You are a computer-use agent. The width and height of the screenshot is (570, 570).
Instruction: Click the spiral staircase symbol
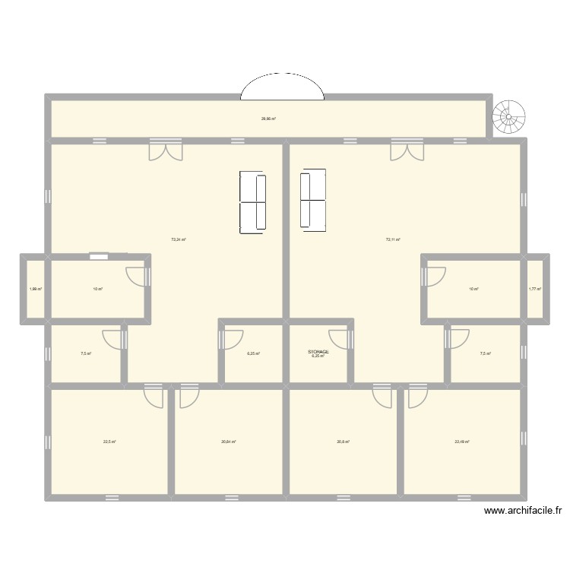507,118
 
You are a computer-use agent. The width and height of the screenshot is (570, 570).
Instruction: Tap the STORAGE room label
318,351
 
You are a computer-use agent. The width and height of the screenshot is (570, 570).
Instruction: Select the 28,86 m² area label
268,119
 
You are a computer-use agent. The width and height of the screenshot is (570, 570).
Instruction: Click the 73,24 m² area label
179,239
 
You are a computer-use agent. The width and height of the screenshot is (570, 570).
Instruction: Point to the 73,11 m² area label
393,239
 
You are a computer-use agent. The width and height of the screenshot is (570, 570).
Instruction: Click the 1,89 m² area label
35,289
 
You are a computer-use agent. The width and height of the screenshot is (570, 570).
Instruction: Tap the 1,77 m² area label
534,289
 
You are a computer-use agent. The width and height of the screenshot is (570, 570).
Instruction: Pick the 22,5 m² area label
109,442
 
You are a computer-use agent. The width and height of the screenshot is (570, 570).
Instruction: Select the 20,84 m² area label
228,442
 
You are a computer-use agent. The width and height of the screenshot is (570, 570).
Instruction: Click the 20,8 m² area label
343,442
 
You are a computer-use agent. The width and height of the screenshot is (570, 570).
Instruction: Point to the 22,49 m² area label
462,442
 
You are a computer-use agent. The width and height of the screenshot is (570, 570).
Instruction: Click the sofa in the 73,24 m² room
253,201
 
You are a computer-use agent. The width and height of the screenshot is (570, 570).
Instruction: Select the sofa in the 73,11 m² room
313,200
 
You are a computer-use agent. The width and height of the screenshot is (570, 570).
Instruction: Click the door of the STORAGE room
338,339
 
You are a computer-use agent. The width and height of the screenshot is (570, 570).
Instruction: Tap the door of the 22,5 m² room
154,395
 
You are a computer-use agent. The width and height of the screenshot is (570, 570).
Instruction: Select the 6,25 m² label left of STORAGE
254,353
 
